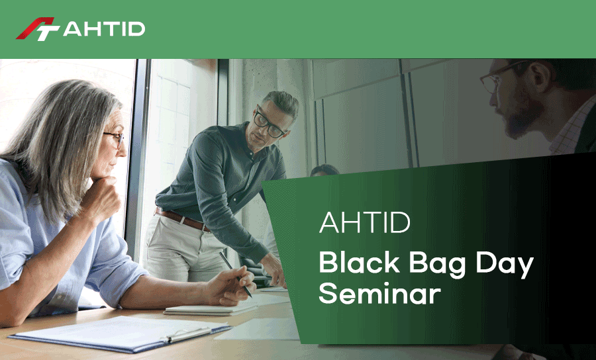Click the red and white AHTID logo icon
tap(38, 29)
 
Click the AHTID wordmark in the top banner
tap(104, 29)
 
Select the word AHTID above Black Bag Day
tap(364, 223)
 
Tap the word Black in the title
tap(359, 263)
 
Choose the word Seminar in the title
tap(379, 293)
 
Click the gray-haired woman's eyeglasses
tap(115, 139)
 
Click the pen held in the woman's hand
tap(235, 274)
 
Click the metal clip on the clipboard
tap(187, 333)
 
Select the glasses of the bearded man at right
tap(499, 78)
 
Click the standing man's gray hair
tap(281, 102)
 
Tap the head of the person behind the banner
tap(324, 170)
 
